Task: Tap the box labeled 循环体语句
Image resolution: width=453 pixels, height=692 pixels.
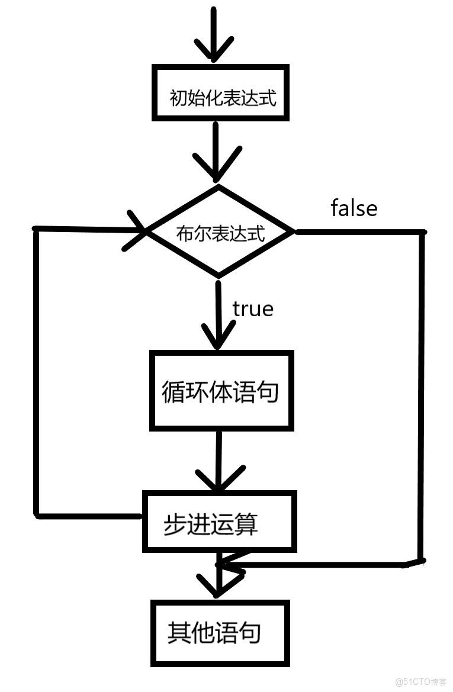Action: [221, 390]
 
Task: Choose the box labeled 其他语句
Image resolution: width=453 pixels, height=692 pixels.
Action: [220, 632]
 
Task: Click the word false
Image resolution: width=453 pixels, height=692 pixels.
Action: [354, 208]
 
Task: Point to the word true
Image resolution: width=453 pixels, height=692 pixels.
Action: [253, 308]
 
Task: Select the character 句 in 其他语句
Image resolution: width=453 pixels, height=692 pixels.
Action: [250, 632]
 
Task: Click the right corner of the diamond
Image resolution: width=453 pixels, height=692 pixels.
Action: [293, 231]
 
